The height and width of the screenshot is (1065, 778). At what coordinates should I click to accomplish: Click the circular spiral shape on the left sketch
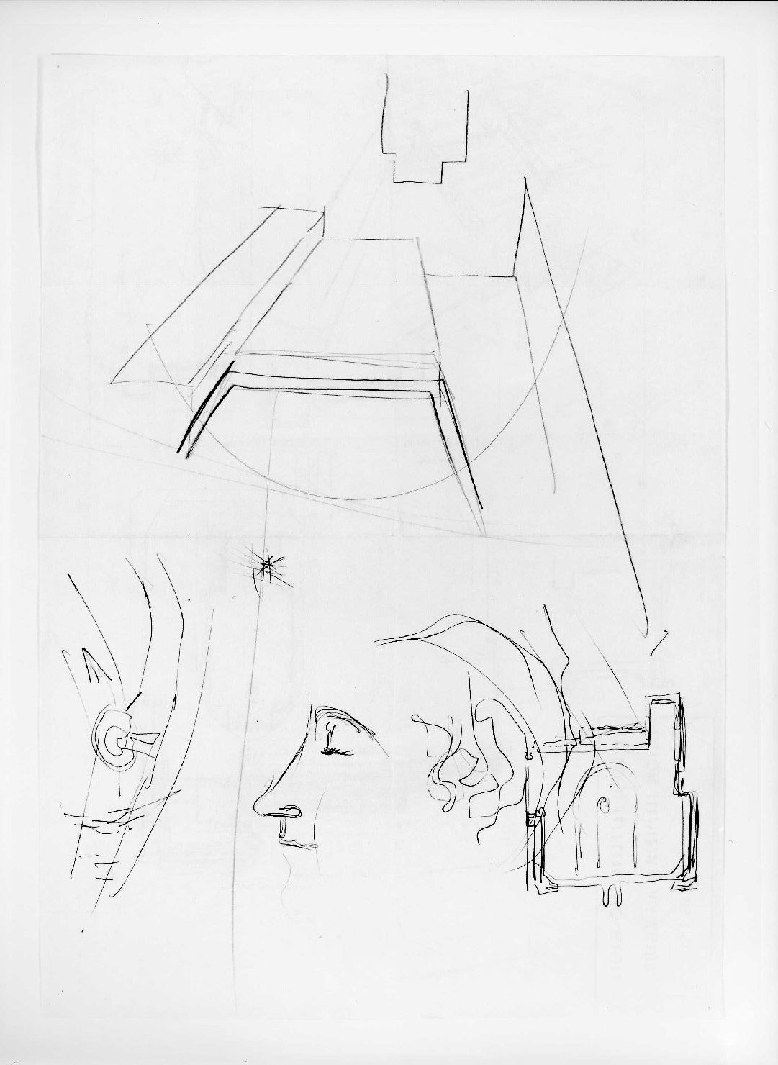click(x=115, y=743)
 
